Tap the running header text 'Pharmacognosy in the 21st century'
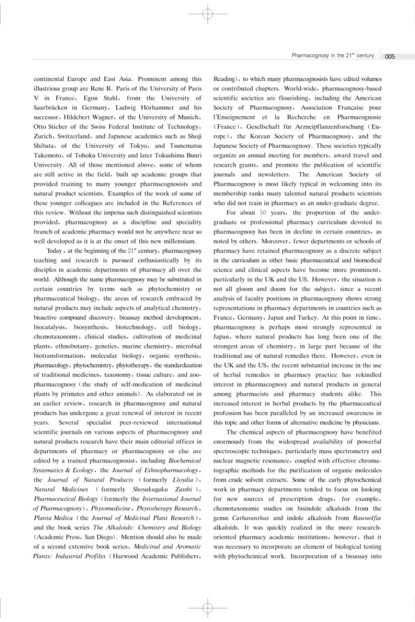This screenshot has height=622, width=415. pyautogui.click(x=333, y=54)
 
